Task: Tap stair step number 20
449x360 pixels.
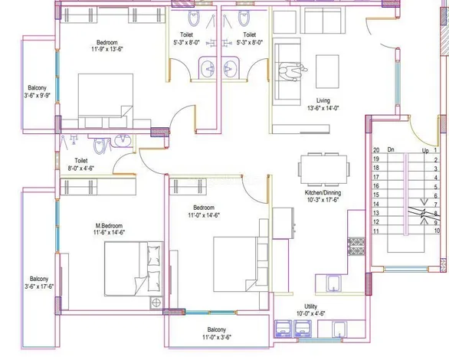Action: pyautogui.click(x=376, y=151)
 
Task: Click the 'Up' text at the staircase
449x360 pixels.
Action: pyautogui.click(x=425, y=151)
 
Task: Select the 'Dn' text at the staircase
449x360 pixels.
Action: pyautogui.click(x=391, y=151)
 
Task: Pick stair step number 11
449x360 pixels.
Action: pyautogui.click(x=376, y=230)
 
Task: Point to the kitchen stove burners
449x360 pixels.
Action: pyautogui.click(x=356, y=246)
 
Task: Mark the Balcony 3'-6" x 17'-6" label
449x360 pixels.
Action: pyautogui.click(x=38, y=282)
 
